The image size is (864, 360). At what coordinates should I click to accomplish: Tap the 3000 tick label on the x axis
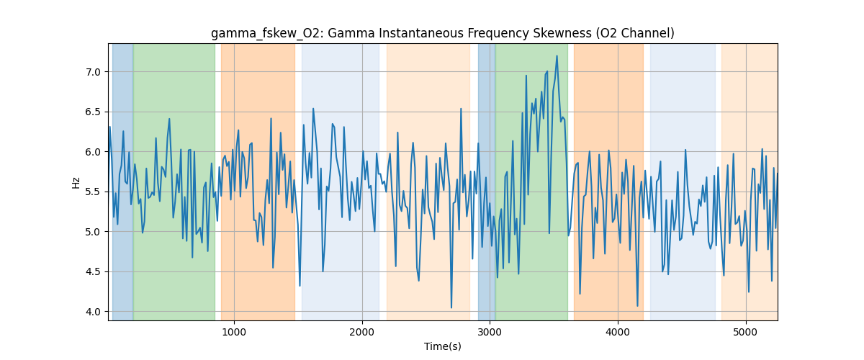click(490, 331)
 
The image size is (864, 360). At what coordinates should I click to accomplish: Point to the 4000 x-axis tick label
click(618, 331)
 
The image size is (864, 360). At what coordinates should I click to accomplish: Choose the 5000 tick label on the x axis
click(746, 331)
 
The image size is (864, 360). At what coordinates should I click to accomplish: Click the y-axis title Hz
click(76, 182)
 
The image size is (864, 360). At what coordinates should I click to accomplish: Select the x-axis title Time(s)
click(443, 346)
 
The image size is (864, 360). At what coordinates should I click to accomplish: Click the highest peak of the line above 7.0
click(557, 55)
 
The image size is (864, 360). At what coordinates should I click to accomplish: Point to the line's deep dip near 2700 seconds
click(451, 308)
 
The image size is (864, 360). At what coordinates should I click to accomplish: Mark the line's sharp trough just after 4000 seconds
click(637, 306)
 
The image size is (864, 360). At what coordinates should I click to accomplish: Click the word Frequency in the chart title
click(486, 33)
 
